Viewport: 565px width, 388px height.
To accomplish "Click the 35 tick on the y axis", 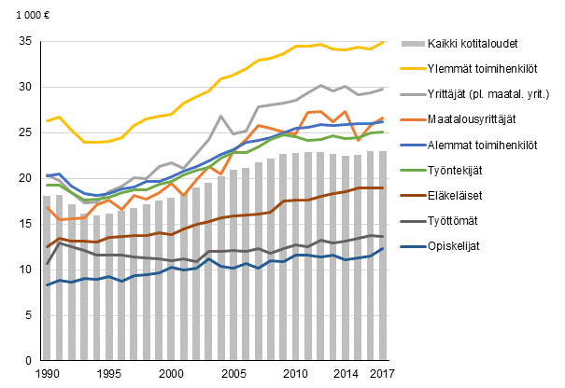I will coord(24,41).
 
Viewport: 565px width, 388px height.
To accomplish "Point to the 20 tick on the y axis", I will coord(24,178).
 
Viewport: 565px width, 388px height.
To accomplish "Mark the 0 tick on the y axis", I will coord(28,360).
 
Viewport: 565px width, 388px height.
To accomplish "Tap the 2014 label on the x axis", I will coord(345,374).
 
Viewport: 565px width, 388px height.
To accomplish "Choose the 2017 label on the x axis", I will coord(382,374).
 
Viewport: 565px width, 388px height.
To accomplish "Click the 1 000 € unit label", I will coord(25,16).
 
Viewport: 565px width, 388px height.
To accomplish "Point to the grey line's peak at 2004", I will coord(221,117).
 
